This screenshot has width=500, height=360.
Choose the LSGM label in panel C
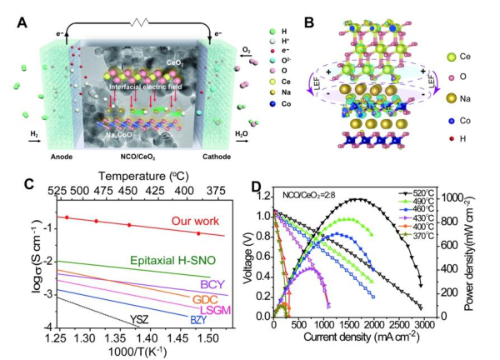(215, 310)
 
